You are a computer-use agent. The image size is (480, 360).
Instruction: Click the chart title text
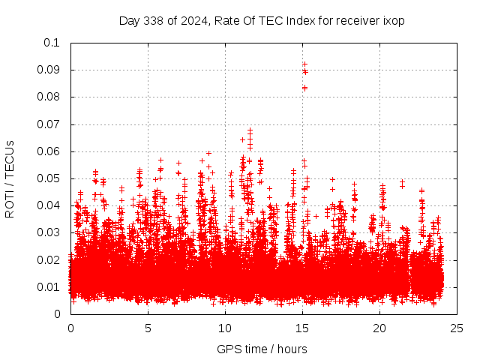262,20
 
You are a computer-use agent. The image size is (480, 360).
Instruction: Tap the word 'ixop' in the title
394,20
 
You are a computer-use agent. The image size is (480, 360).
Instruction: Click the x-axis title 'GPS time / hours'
262,349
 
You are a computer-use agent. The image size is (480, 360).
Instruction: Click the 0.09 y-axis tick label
49,70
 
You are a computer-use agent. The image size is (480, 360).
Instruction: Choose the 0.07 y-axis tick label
49,124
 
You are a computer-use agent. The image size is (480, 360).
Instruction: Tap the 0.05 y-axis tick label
49,178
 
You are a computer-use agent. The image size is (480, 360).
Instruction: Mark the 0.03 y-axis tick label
49,232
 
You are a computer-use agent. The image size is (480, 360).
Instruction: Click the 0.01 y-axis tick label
49,287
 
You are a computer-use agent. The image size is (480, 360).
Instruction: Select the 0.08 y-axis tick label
49,97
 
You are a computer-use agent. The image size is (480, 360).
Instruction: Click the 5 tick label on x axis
148,328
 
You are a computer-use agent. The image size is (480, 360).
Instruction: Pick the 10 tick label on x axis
225,328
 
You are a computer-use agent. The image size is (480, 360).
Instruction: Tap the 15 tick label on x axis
302,328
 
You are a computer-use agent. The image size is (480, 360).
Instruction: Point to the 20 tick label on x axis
379,328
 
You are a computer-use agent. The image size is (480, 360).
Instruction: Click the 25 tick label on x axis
457,328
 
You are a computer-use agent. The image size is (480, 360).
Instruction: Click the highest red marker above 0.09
304,64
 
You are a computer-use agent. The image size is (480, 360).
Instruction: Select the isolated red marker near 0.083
304,88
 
